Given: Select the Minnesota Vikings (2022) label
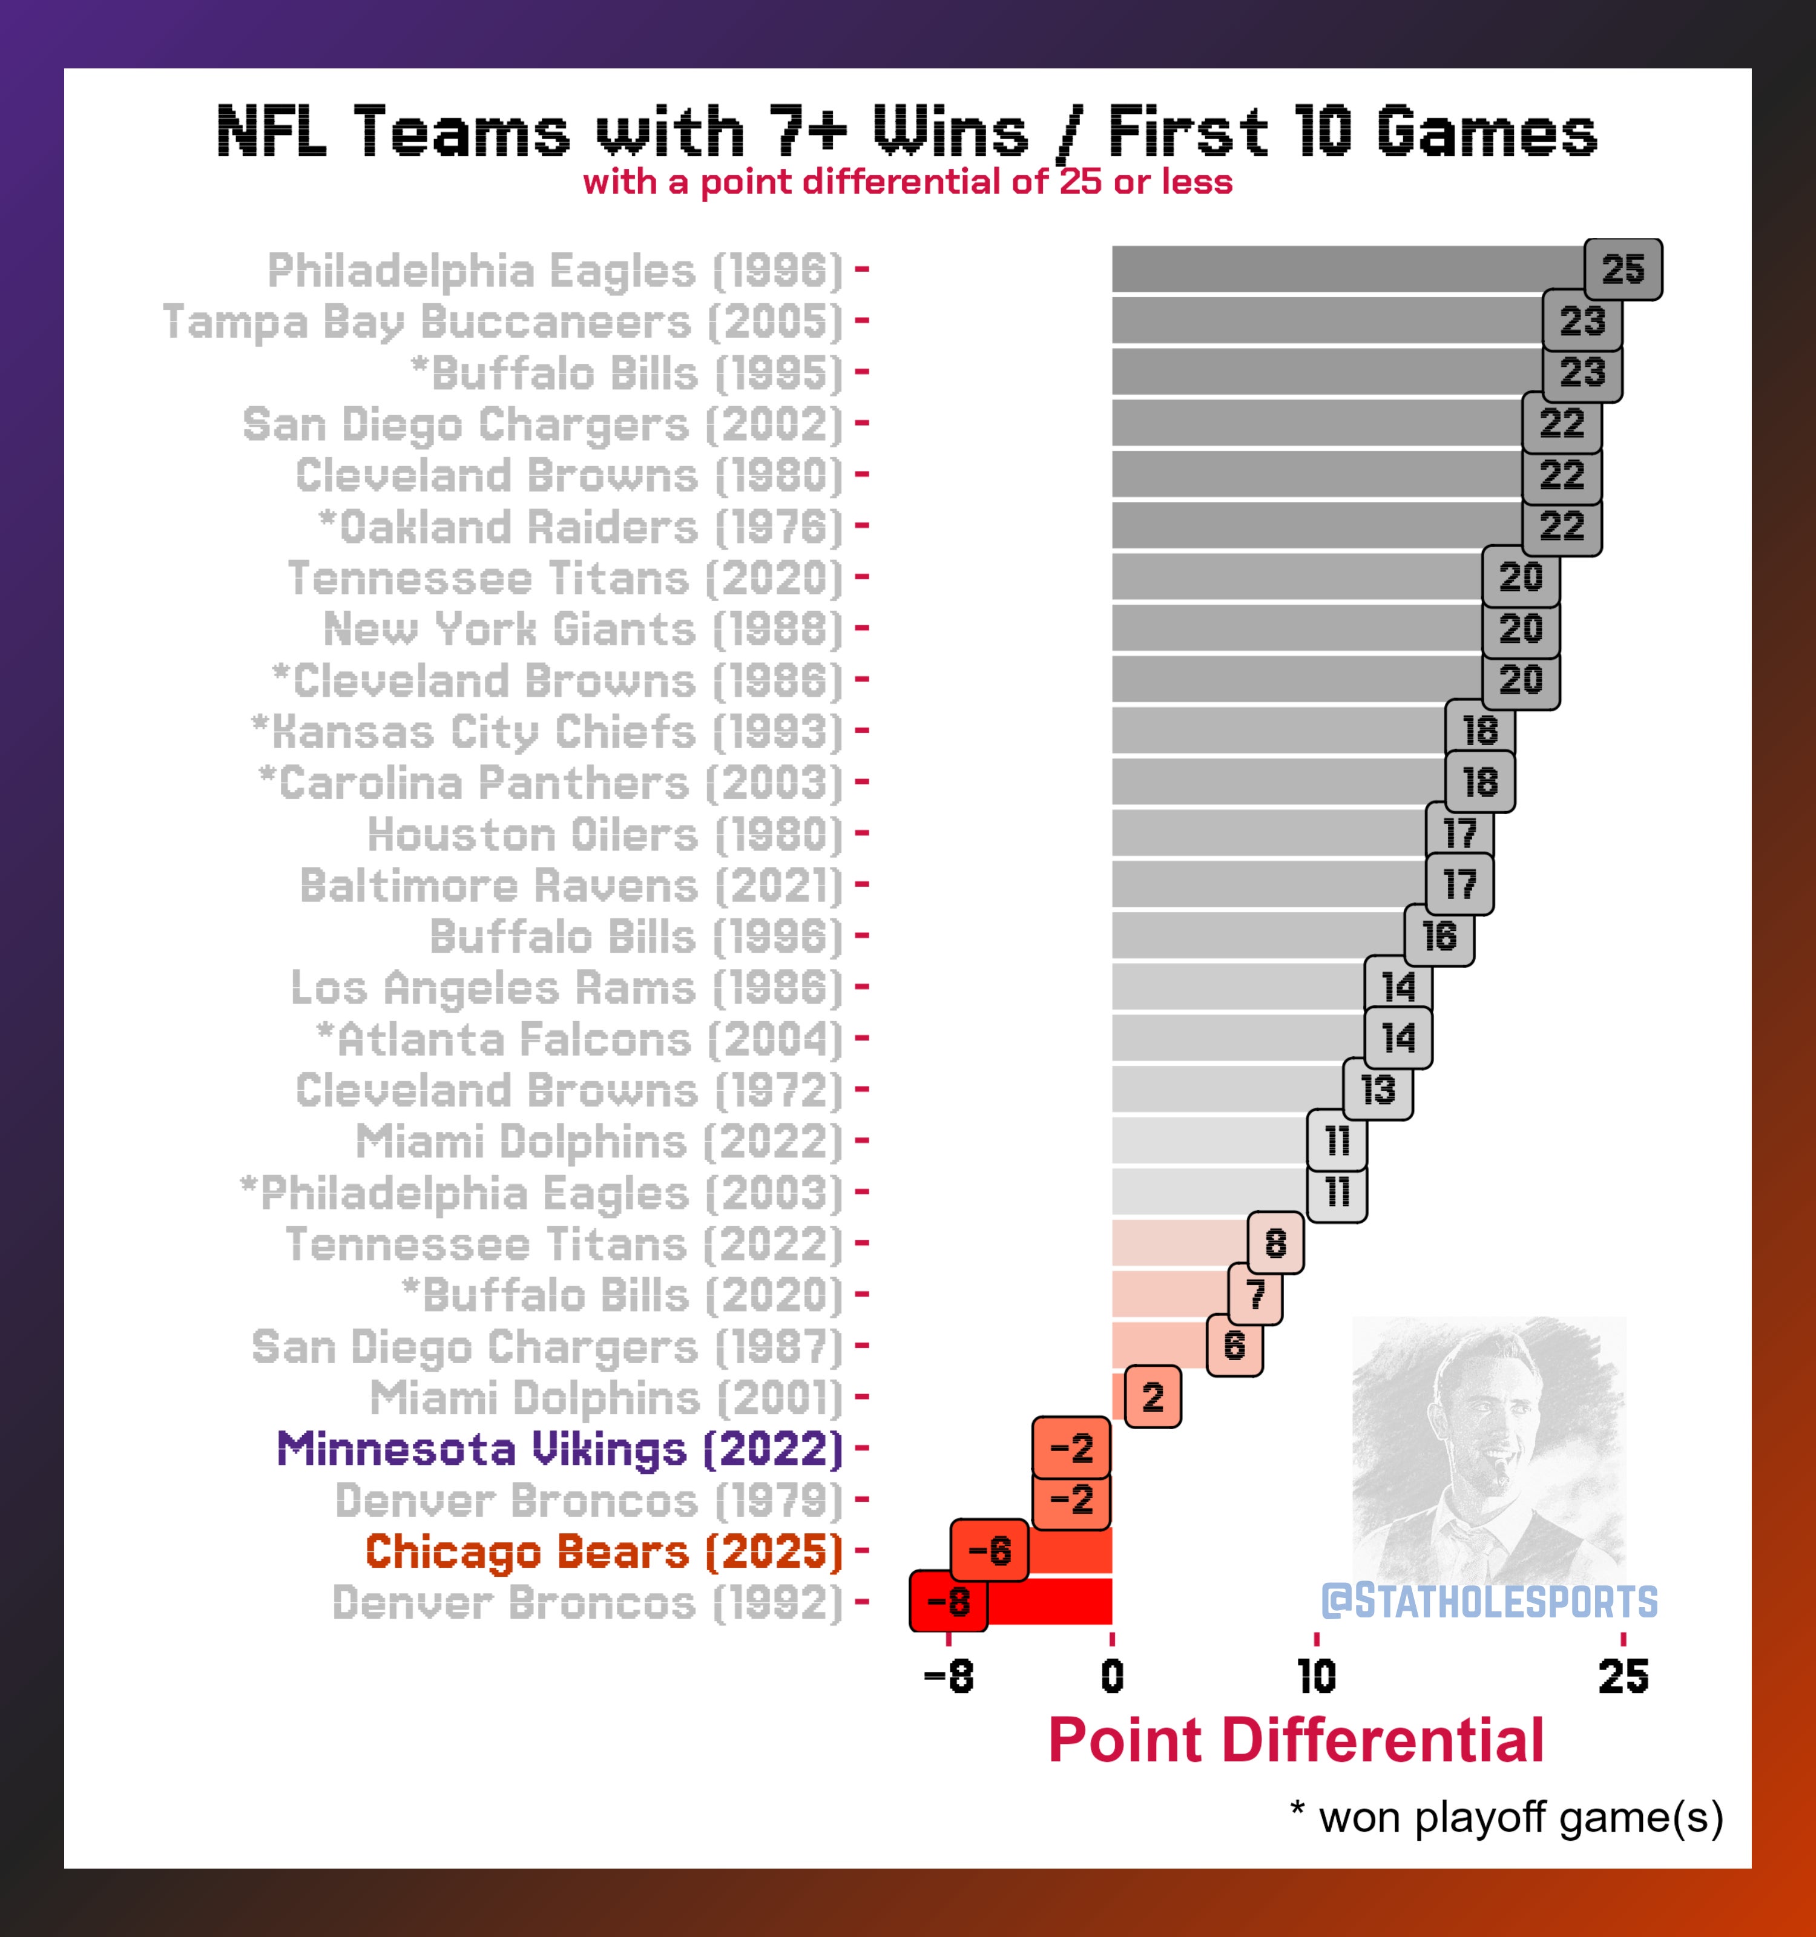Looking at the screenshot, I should tap(559, 1449).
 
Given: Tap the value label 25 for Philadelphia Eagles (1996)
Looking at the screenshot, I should tap(1623, 270).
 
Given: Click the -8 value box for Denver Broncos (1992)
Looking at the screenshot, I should tap(948, 1602).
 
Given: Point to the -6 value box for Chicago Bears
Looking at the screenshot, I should tap(989, 1550).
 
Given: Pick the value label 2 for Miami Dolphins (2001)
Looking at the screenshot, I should tap(1153, 1397).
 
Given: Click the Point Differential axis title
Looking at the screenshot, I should tap(1296, 1741).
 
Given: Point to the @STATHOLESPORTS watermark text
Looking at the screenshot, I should tap(1489, 1602).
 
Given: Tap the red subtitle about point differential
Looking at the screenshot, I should tap(907, 182).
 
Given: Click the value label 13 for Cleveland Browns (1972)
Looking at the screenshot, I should tap(1378, 1090).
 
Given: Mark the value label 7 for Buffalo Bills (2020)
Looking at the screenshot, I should tap(1255, 1295).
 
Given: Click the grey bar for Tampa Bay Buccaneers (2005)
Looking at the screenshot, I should tap(1325, 321).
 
